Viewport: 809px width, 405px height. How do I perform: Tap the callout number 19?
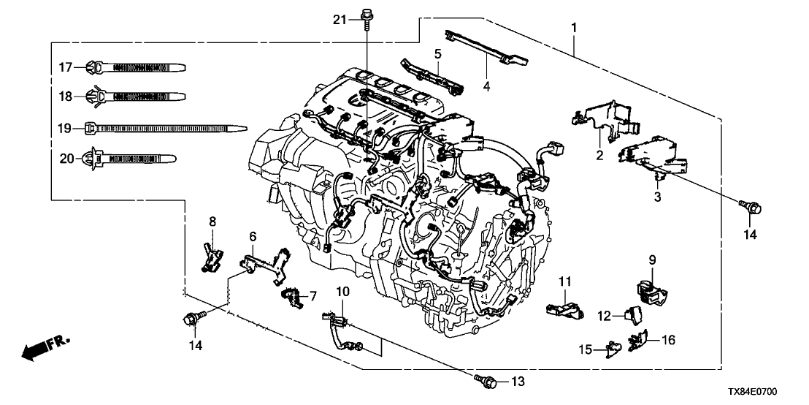(x=64, y=128)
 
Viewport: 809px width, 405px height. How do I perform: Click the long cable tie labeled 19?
(x=161, y=127)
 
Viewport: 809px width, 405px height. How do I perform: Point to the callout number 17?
(x=64, y=67)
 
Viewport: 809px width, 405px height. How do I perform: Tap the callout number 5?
(x=437, y=53)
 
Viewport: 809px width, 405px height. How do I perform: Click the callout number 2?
(x=599, y=154)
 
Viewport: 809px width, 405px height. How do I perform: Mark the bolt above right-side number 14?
(x=754, y=208)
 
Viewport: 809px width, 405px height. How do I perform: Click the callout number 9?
(x=652, y=259)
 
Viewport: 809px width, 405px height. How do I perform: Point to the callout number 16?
(x=669, y=339)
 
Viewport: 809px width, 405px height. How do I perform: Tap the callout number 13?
(x=518, y=381)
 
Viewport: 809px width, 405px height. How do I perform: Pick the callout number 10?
(x=343, y=292)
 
